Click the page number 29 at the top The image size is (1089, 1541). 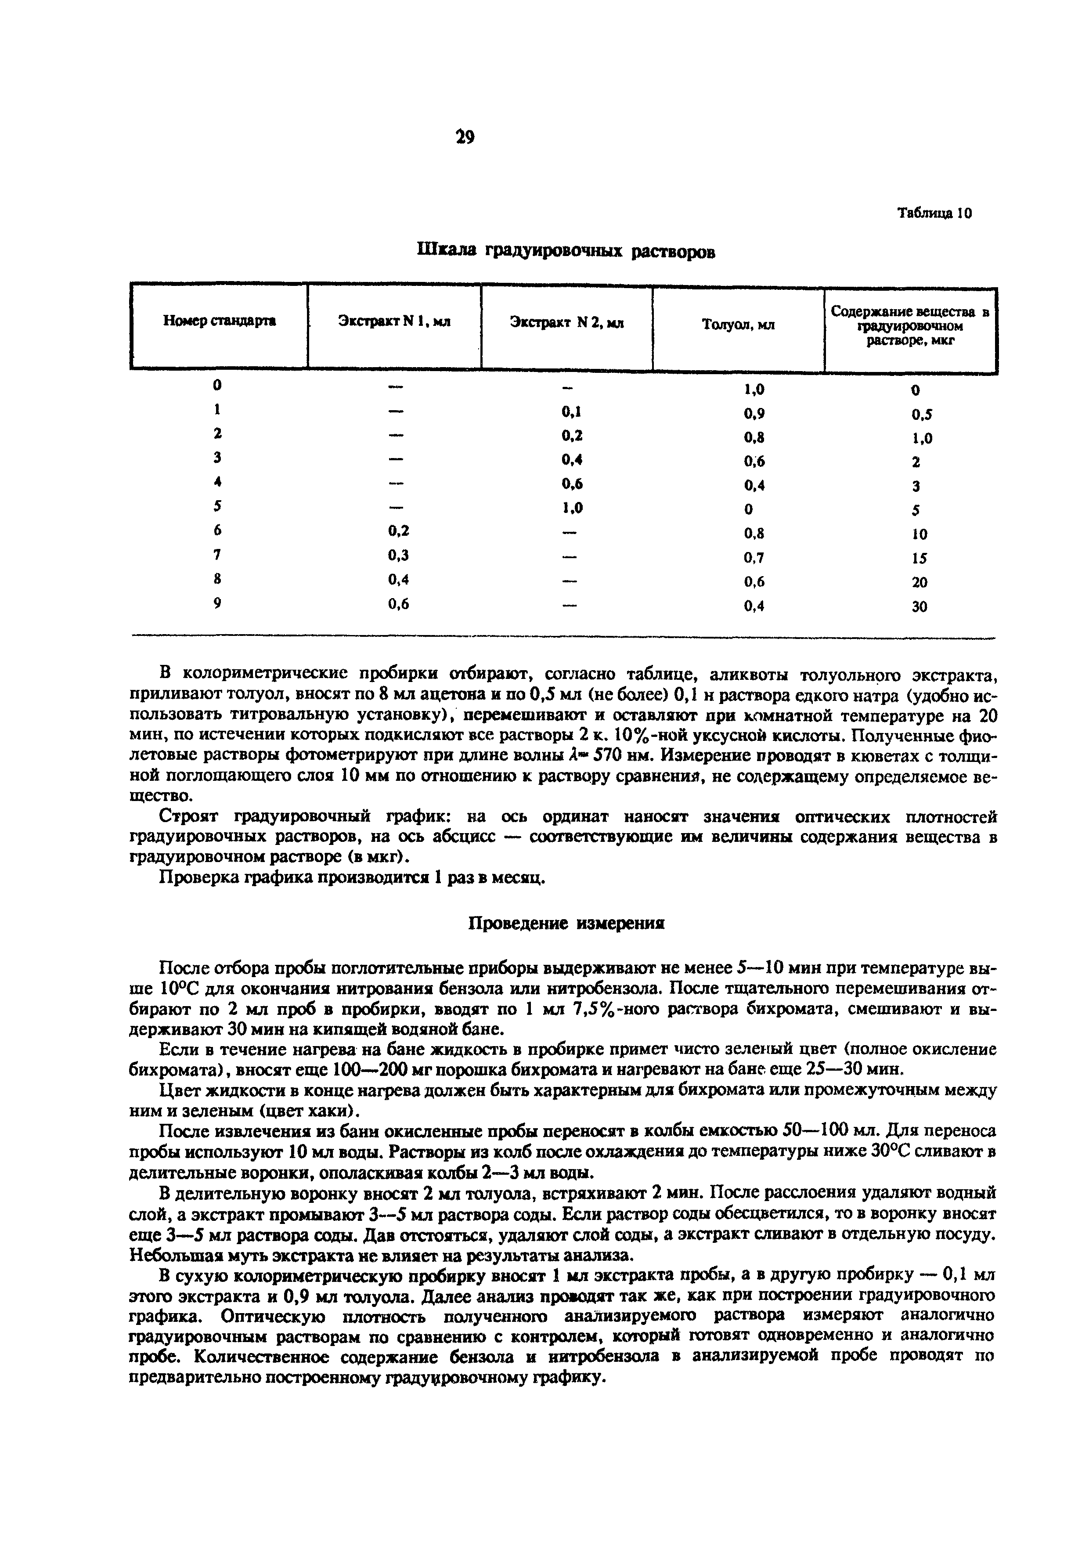click(464, 137)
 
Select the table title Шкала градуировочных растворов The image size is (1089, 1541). click(566, 251)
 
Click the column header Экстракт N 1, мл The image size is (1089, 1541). click(394, 321)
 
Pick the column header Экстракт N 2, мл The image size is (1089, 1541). click(567, 323)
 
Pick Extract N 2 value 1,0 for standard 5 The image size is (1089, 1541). click(572, 508)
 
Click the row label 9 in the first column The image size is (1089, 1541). click(217, 603)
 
